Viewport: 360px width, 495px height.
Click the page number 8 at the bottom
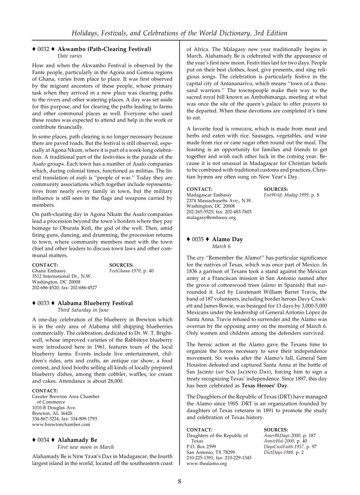pyautogui.click(x=180, y=481)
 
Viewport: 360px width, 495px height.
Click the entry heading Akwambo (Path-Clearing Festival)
pyautogui.click(x=104, y=49)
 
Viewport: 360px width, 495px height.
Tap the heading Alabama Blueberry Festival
pyautogui.click(x=95, y=303)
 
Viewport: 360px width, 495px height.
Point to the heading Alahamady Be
pyautogui.click(x=77, y=440)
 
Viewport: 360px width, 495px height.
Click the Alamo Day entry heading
pyautogui.click(x=227, y=239)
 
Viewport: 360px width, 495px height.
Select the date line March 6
pyautogui.click(x=221, y=246)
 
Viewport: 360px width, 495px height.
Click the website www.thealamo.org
pyautogui.click(x=206, y=464)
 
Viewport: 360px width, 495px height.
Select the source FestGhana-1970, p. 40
pyautogui.click(x=131, y=271)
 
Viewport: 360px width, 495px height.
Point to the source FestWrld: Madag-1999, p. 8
pyautogui.click(x=291, y=194)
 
